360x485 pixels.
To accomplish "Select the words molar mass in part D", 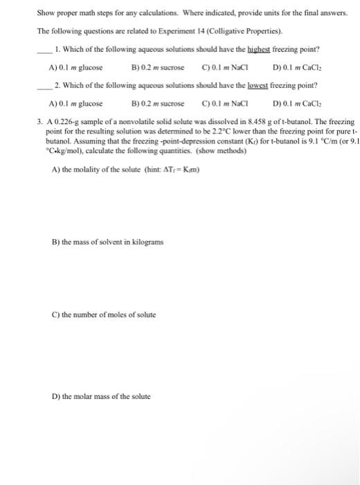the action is tap(96, 396).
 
